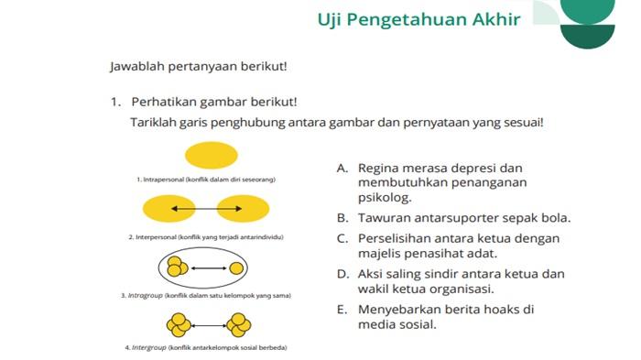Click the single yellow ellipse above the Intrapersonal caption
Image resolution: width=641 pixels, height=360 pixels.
(211, 154)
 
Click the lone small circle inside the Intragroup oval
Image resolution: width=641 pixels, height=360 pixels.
(237, 268)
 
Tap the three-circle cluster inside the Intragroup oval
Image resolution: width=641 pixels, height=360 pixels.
(177, 268)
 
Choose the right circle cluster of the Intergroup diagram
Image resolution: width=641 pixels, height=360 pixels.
(240, 324)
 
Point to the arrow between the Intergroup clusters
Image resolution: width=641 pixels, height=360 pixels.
(209, 324)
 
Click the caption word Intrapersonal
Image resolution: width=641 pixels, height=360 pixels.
(163, 180)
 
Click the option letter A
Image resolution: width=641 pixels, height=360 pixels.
(342, 168)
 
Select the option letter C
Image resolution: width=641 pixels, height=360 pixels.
(342, 239)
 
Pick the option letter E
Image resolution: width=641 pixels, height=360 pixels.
(342, 310)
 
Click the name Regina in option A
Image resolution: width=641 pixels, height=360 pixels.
(378, 168)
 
